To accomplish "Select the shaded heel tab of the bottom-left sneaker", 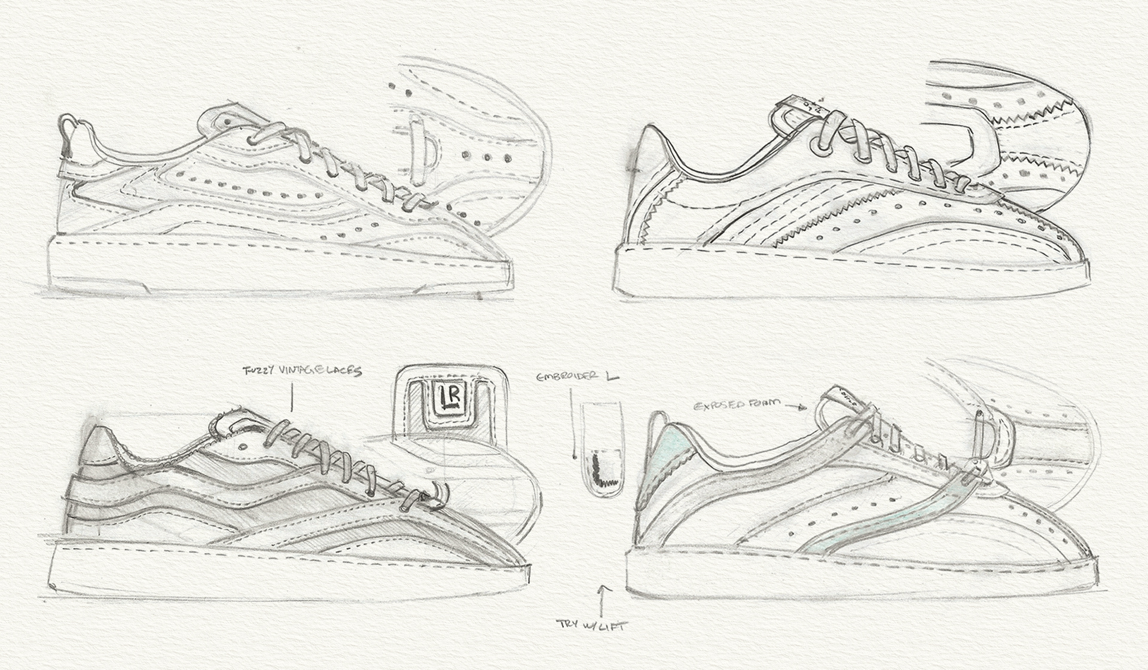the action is coord(97,446).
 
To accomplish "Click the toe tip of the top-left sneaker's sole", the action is coord(509,269).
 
